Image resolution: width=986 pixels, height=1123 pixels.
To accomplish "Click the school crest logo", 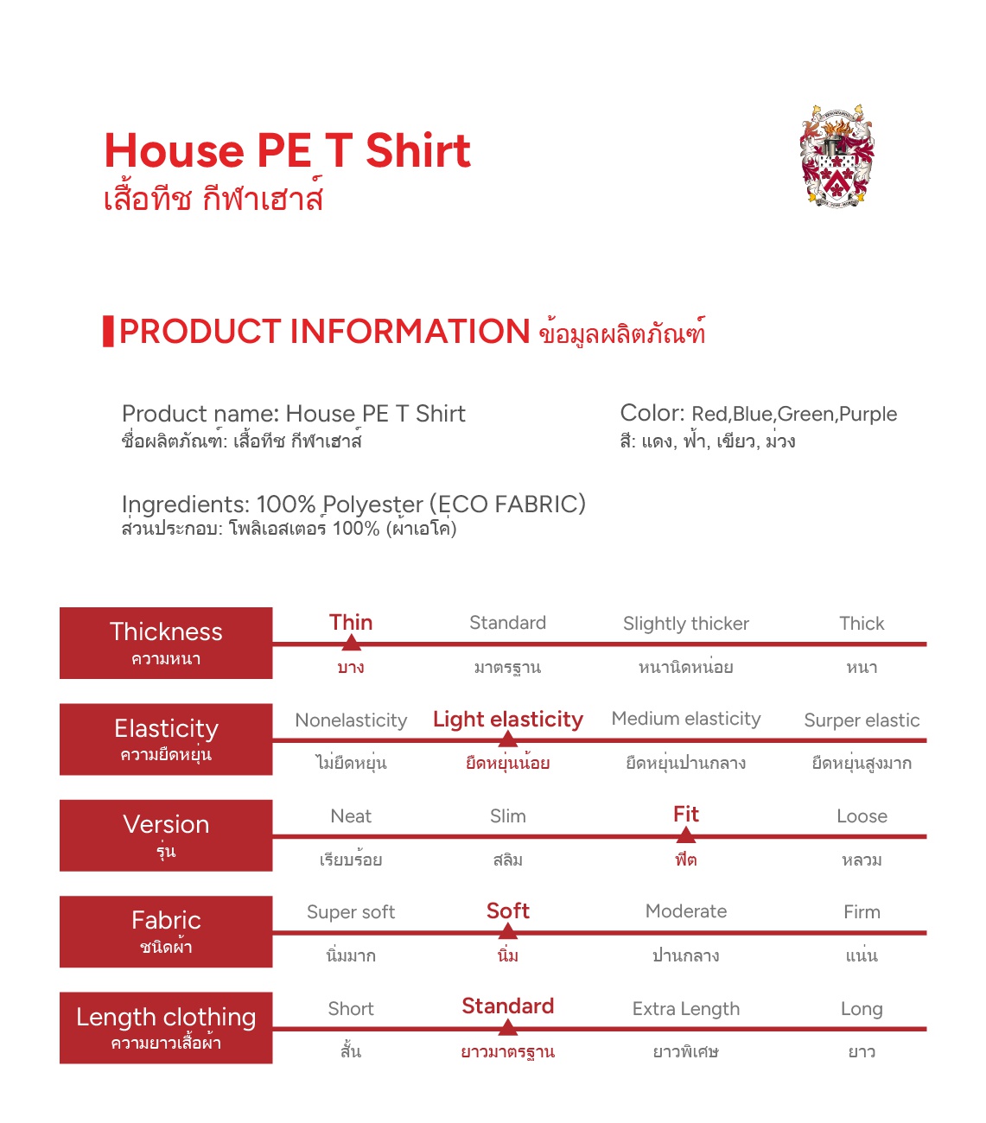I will coord(836,156).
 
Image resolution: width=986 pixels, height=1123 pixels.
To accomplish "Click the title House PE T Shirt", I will coord(287,151).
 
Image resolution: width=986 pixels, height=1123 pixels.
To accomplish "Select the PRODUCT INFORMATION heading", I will coord(325,332).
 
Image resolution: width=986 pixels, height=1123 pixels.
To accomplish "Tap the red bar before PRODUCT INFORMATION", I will coord(108,332).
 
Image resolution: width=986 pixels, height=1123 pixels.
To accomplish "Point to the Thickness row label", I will coord(166,643).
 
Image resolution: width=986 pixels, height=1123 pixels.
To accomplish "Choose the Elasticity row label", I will coord(166,739).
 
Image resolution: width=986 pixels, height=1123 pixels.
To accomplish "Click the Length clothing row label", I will coord(166,1027).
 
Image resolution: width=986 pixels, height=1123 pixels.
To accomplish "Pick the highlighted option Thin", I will coord(351,623).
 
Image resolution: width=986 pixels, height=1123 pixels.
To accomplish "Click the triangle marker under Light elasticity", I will coord(508,739).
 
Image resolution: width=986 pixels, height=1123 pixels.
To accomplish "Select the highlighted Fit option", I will coord(686,815).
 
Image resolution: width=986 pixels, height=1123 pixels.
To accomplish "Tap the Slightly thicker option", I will coord(686,624).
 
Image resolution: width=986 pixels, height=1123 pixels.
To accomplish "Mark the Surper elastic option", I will coord(862,720).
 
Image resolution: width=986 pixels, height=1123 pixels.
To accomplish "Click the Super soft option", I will coord(351,912).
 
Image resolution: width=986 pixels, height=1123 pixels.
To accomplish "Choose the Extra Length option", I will coord(686,1009).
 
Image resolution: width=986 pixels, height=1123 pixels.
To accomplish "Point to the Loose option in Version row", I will coord(862,816).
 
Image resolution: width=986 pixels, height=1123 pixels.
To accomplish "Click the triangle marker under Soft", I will coord(508,931).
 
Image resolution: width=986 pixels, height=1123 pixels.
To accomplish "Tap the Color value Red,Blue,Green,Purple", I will coord(794,415).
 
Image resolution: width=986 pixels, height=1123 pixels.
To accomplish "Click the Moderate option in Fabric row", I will coord(686,911).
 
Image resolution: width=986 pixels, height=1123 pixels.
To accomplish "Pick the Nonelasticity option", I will coord(351,720).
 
